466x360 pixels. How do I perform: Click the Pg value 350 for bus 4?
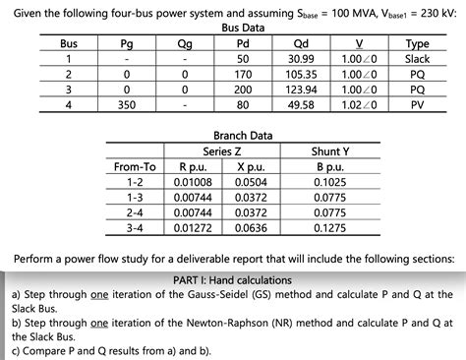point(126,104)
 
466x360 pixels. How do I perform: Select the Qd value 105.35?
point(301,74)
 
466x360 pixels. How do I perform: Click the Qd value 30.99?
point(301,59)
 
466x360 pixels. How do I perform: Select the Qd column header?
point(301,44)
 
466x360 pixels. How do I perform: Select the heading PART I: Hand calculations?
point(232,280)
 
